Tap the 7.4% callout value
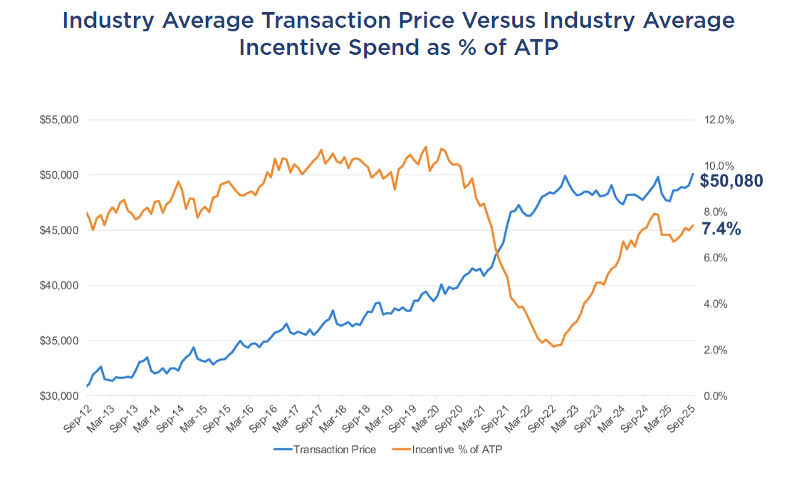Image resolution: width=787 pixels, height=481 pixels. [x=721, y=229]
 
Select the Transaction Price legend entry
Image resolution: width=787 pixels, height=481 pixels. [x=325, y=450]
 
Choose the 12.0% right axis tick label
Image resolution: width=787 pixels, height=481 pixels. [x=719, y=120]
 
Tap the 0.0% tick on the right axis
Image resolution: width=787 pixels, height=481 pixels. [x=716, y=396]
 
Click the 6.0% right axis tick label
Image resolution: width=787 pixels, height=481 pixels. [x=716, y=258]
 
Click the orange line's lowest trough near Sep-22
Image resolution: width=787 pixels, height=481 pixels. [x=553, y=346]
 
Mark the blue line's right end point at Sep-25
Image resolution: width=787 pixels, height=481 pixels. [x=692, y=174]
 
